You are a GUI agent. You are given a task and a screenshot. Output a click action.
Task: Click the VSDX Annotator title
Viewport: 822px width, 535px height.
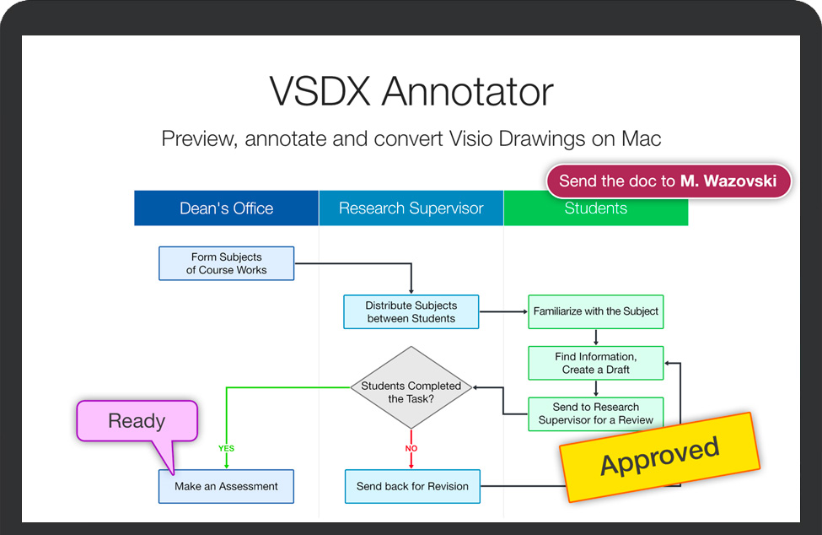411,91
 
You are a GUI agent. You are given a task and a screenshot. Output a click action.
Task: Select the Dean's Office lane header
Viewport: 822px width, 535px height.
226,208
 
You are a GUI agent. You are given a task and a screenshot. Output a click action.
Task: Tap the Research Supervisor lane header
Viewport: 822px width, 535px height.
411,208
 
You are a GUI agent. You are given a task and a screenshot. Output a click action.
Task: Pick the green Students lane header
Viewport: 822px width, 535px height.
595,209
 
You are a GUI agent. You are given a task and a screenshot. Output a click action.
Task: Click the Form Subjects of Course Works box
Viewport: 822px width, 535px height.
226,263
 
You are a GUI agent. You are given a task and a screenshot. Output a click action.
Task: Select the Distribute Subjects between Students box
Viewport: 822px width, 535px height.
411,312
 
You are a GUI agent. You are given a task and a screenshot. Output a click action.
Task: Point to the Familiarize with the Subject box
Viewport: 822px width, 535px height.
595,311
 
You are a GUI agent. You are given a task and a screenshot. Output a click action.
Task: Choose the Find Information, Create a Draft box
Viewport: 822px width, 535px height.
595,363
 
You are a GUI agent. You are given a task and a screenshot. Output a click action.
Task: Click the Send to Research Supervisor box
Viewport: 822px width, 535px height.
595,413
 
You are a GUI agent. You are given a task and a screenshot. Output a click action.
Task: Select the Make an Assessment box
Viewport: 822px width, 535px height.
226,486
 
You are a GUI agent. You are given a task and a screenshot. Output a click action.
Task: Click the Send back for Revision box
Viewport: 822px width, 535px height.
411,486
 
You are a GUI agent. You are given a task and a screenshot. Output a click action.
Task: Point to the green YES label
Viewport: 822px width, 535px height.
226,448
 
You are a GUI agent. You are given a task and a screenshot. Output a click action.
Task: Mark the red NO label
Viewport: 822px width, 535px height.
411,448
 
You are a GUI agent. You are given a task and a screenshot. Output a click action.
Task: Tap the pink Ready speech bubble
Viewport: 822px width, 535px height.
137,421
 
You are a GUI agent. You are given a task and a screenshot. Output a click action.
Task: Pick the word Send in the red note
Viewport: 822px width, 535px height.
577,181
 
